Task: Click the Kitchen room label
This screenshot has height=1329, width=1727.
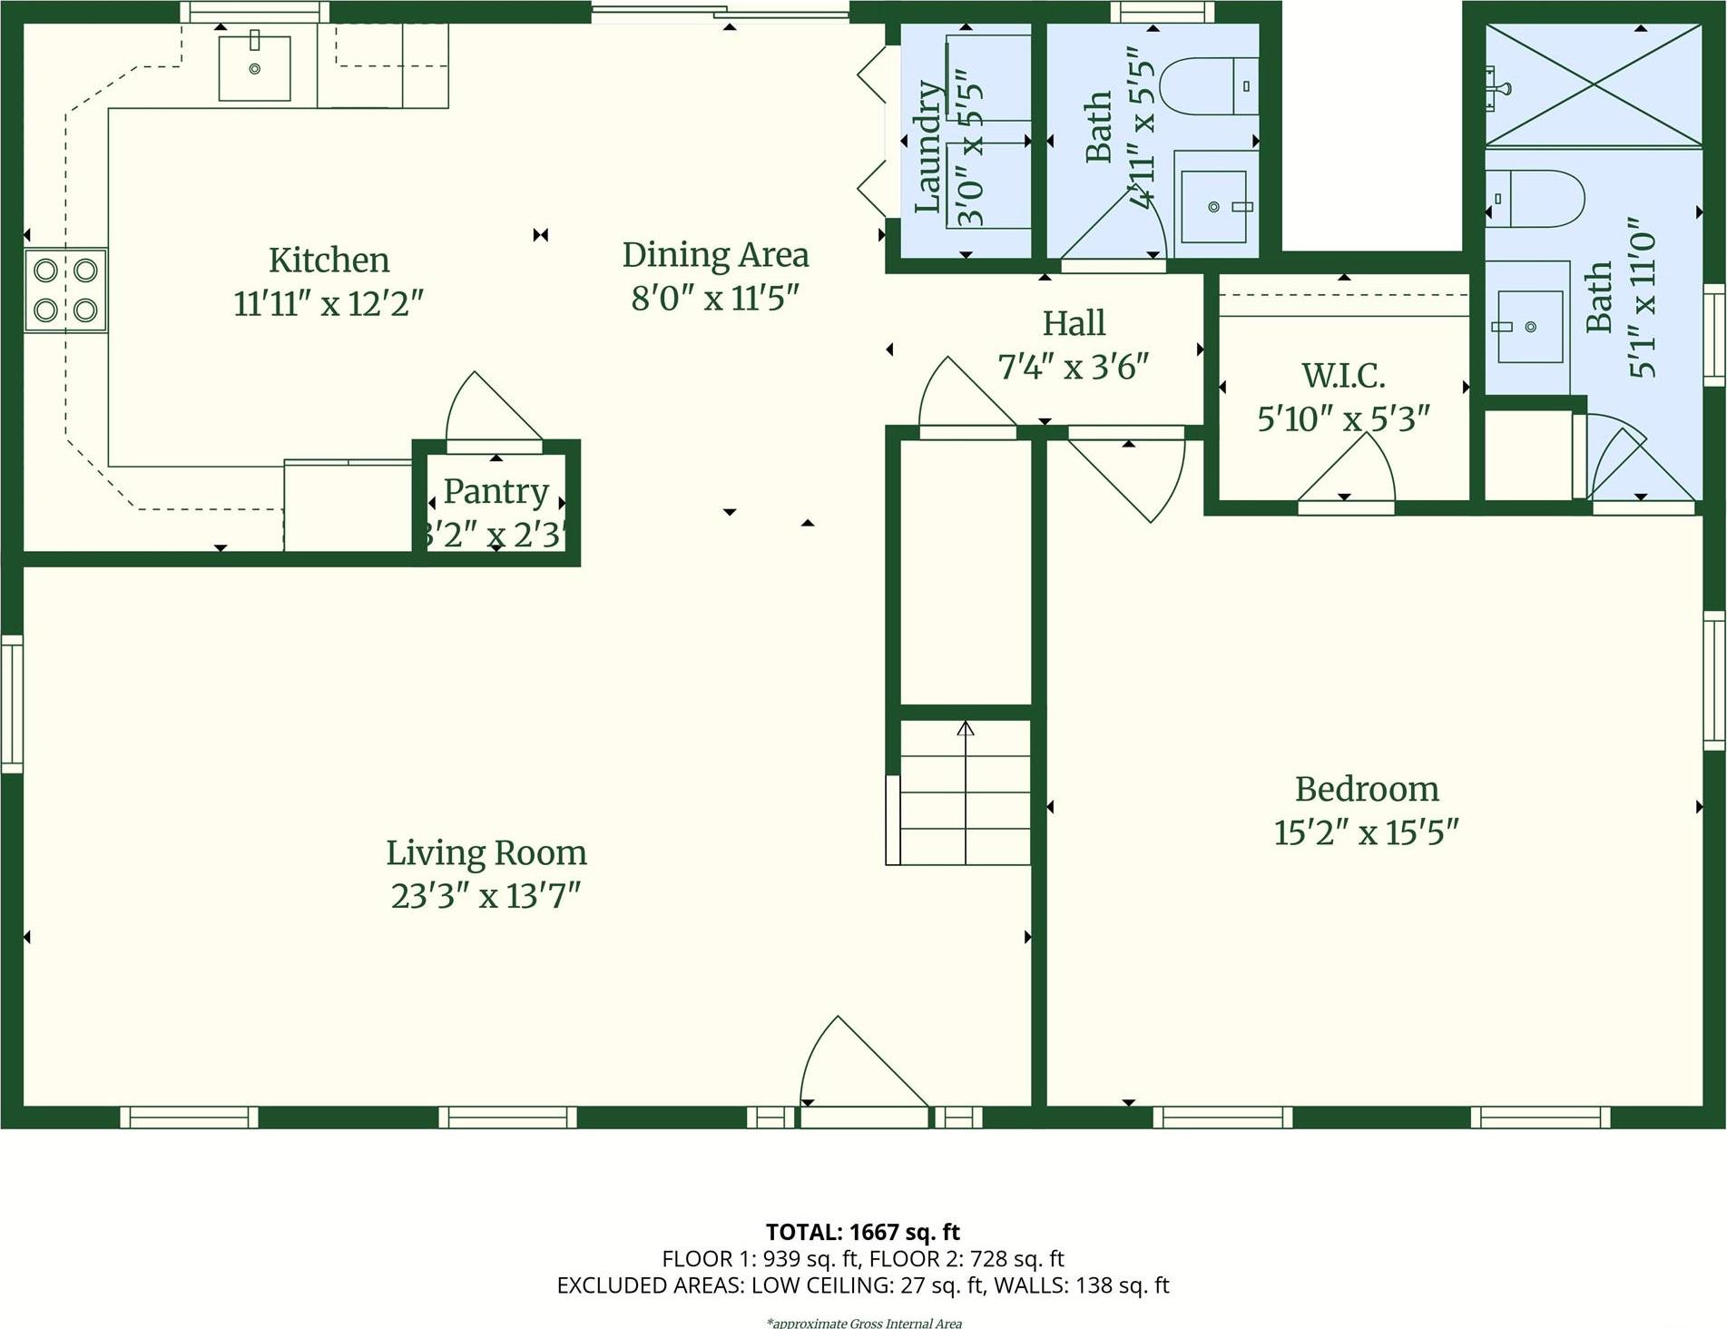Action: [329, 261]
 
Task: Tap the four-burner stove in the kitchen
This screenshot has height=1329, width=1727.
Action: [65, 290]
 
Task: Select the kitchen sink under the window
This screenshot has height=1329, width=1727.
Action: [254, 68]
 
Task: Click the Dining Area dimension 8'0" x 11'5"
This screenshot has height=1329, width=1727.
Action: [714, 298]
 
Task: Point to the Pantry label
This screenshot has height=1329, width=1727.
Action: [496, 491]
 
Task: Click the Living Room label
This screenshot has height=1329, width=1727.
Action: [486, 853]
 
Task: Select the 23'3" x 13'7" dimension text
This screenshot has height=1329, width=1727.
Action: [486, 896]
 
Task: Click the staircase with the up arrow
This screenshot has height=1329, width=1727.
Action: [965, 792]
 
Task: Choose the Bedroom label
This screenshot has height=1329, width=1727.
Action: [1367, 789]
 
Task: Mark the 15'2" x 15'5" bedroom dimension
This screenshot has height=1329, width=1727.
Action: [1366, 832]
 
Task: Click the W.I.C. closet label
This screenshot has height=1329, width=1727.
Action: [1343, 376]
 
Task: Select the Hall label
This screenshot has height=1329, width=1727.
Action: [1074, 323]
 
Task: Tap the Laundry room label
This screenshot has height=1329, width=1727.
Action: [927, 147]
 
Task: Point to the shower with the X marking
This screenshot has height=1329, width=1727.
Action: [1594, 84]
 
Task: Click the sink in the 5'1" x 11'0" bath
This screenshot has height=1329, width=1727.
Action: [1529, 326]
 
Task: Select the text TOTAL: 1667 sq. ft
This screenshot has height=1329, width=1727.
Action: [862, 1232]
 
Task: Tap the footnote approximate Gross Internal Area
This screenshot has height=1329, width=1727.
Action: [863, 1323]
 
